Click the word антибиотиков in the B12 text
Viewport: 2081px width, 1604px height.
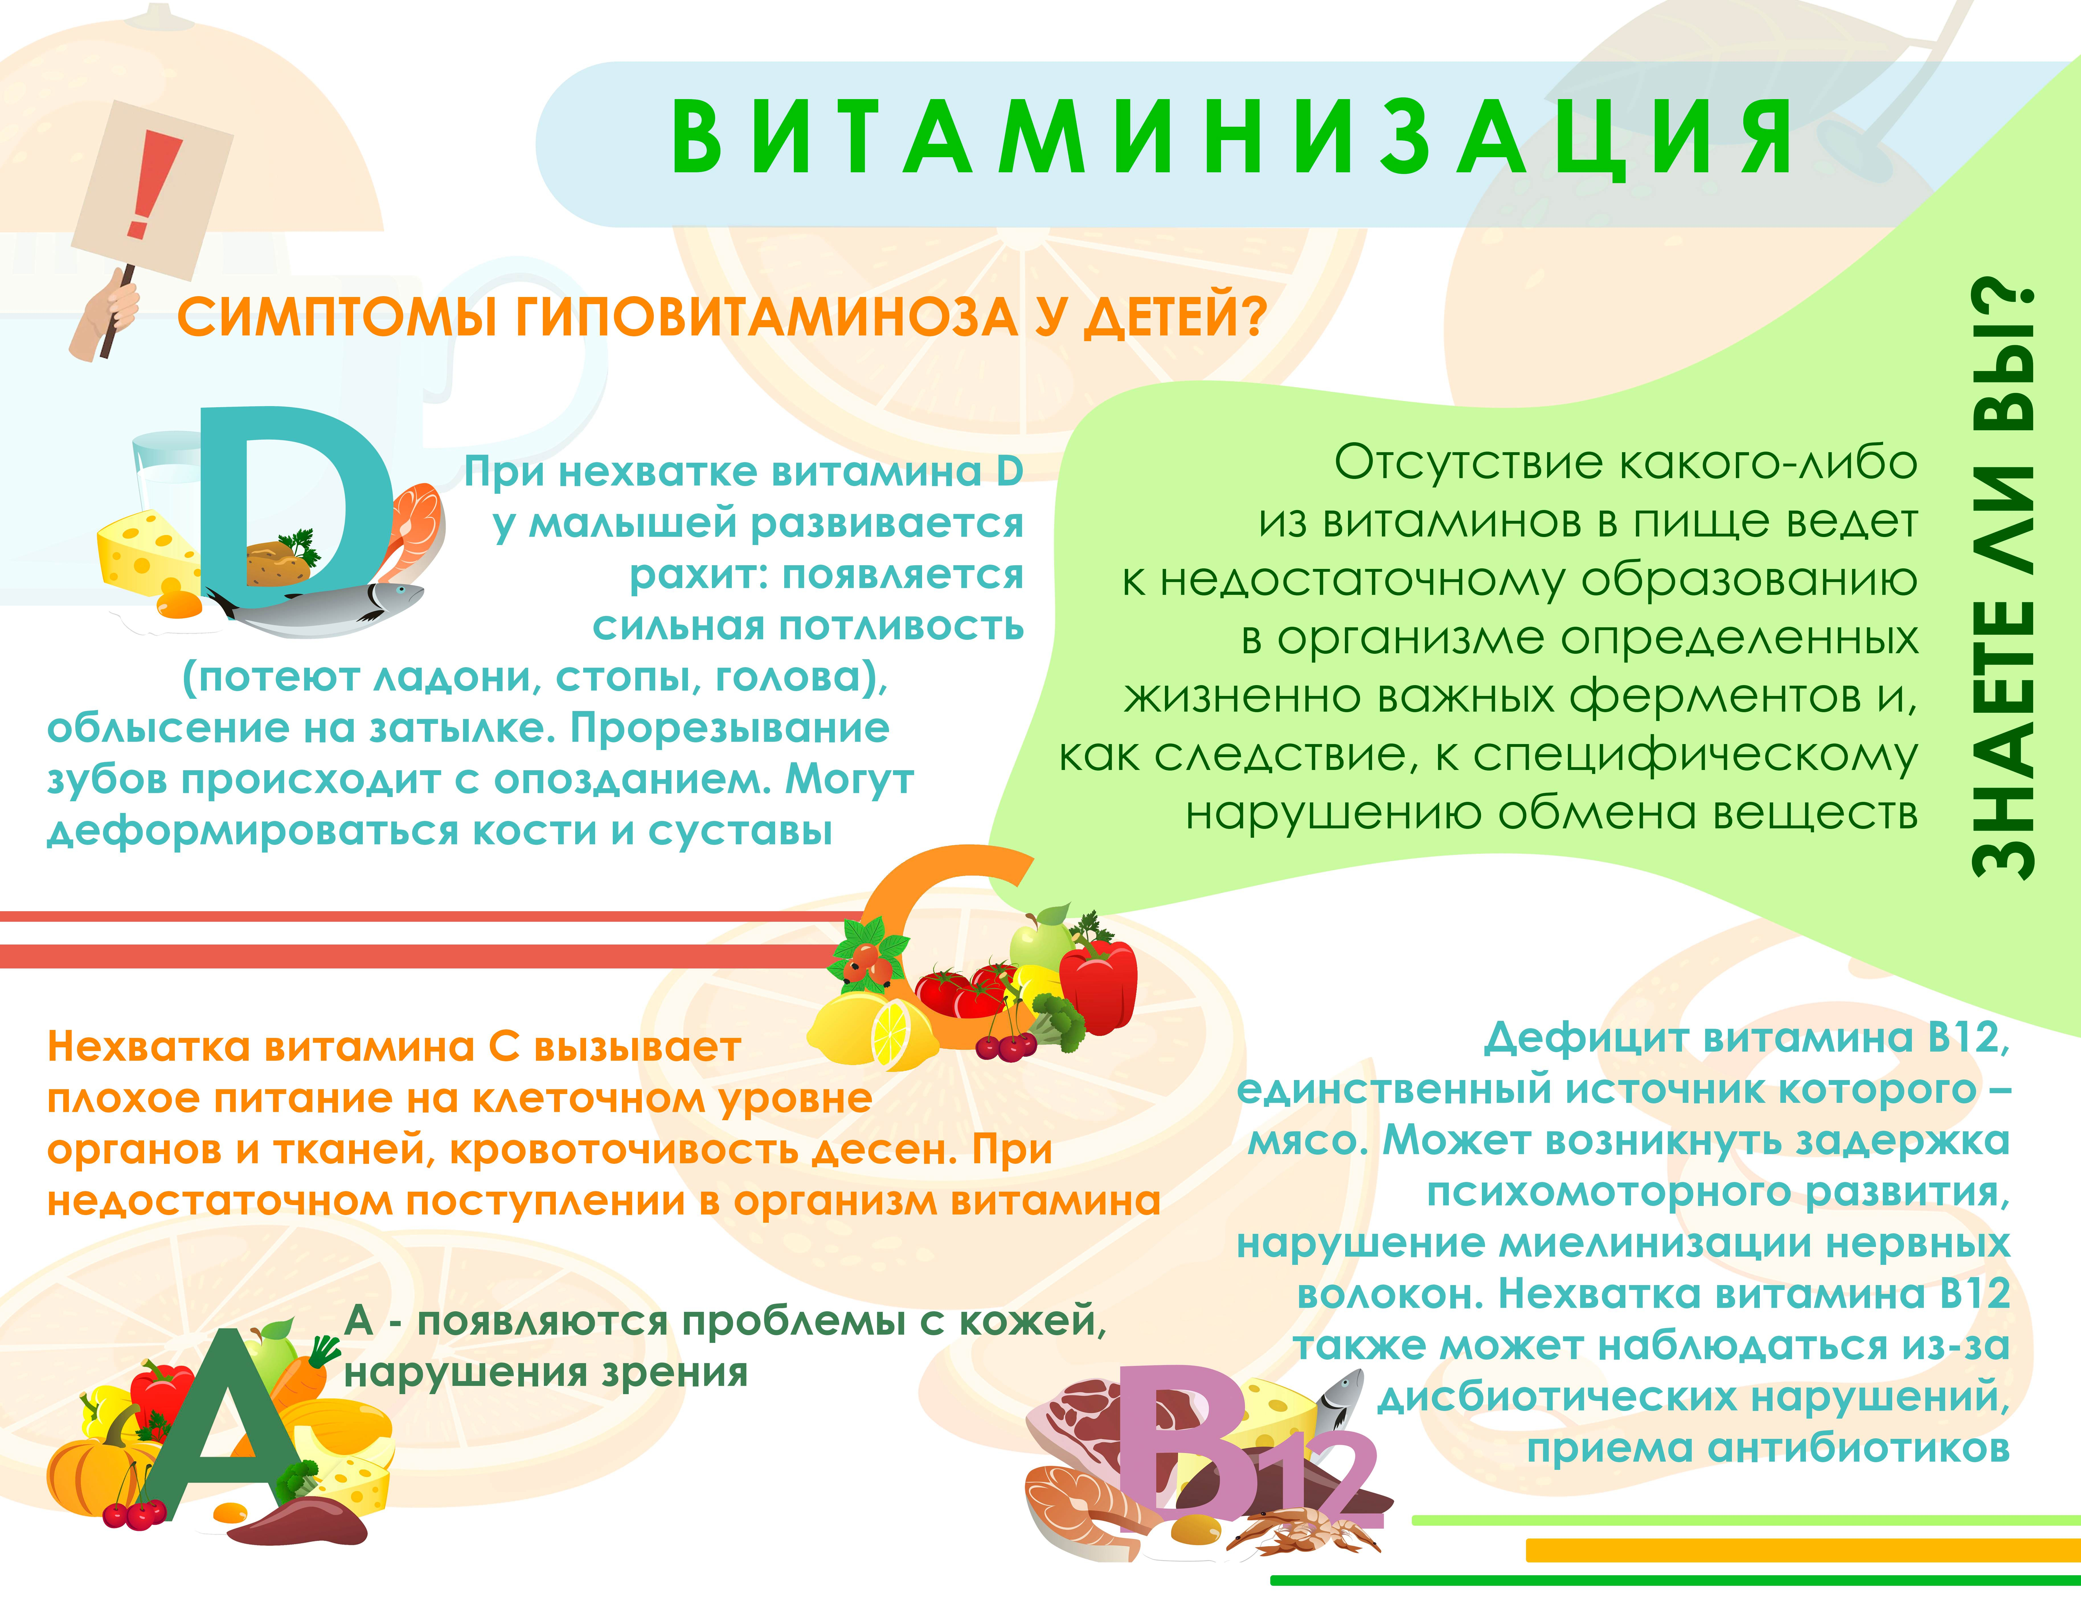[x=1858, y=1448]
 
